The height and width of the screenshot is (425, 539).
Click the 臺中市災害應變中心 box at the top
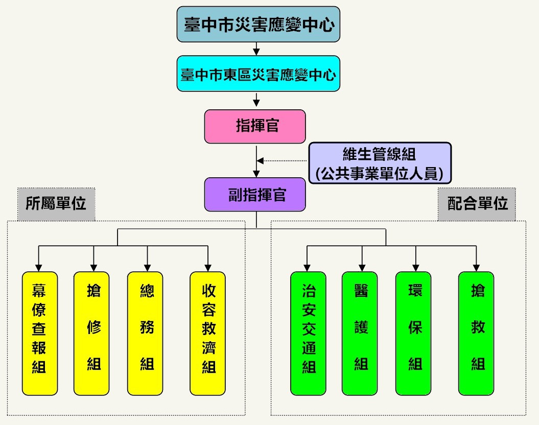click(258, 24)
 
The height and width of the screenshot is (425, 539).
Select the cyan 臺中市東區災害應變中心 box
click(258, 74)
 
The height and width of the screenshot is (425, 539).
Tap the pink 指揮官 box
click(255, 126)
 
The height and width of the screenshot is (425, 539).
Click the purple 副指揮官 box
click(255, 195)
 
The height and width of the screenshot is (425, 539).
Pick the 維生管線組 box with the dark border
click(380, 163)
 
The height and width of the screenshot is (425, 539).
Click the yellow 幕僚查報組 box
click(40, 334)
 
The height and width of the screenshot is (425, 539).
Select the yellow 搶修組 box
click(92, 334)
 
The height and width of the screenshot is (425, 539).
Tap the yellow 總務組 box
click(146, 334)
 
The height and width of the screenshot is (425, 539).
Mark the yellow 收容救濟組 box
click(208, 334)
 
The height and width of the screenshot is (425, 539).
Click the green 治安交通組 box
click(308, 334)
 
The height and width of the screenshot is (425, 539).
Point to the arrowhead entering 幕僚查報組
click(38, 268)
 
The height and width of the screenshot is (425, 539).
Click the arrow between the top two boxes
click(256, 50)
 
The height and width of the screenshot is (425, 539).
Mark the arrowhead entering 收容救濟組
click(208, 268)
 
